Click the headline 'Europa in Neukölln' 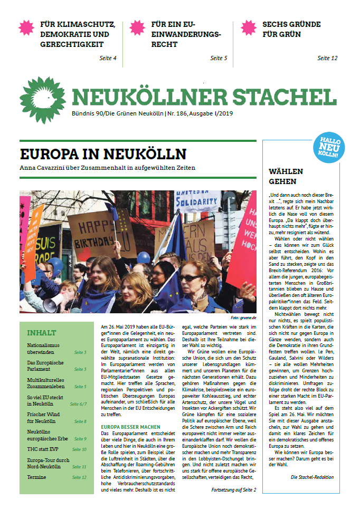[103, 154]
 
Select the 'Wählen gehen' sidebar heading [286, 176]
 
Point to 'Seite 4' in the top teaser [108, 58]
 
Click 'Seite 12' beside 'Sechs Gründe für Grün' [327, 58]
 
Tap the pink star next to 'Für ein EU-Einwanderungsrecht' [137, 27]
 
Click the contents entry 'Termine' [37, 477]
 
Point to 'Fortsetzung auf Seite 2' [233, 489]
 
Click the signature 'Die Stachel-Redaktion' [314, 477]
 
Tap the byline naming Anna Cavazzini [108, 168]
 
